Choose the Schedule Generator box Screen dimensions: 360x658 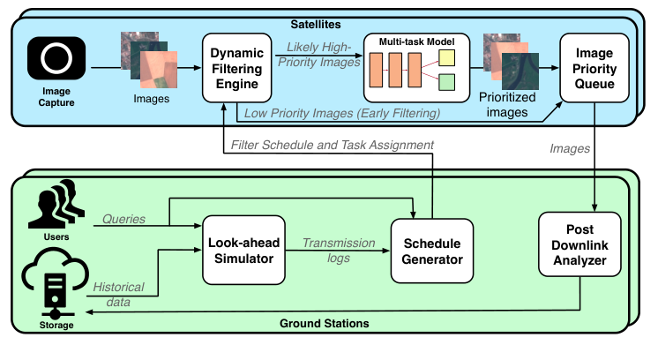coord(428,249)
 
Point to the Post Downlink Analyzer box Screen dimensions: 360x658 coord(581,249)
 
